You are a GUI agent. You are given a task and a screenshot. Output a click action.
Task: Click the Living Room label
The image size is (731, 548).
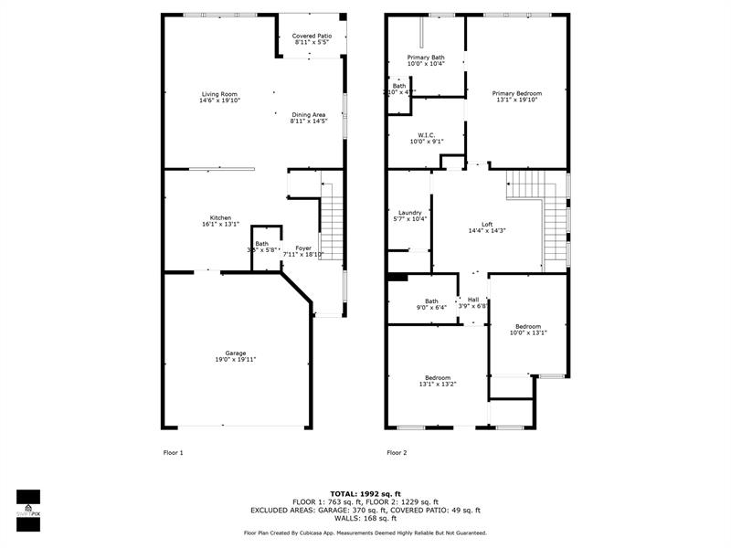219,94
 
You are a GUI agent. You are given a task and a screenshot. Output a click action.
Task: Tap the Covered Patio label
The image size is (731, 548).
312,36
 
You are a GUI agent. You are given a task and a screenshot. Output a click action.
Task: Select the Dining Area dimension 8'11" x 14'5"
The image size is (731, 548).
308,121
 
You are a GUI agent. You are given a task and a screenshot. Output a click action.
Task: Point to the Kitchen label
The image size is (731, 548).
220,217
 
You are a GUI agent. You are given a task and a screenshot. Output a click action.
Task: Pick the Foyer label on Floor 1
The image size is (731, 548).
302,248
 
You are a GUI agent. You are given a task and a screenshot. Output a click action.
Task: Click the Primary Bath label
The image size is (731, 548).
425,58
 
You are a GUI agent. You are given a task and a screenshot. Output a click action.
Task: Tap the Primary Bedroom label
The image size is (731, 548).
516,93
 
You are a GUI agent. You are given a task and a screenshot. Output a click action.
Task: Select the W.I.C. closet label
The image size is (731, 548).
426,134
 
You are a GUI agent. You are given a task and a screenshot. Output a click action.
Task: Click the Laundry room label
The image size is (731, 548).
409,212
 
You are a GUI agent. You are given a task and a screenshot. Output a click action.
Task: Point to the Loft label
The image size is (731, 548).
487,224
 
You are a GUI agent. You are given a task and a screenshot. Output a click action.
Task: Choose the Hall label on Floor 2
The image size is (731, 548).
472,300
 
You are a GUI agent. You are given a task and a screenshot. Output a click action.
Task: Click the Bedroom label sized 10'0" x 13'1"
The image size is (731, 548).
527,326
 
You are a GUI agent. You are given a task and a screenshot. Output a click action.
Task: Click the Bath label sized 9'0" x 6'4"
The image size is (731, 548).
431,301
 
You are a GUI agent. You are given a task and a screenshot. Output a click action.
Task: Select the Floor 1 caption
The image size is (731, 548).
173,452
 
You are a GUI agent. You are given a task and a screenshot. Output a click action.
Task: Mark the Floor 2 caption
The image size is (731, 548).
397,452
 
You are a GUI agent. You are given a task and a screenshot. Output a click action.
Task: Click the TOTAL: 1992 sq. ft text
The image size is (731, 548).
365,494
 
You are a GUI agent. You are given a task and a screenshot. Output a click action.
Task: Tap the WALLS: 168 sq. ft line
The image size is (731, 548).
365,519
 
